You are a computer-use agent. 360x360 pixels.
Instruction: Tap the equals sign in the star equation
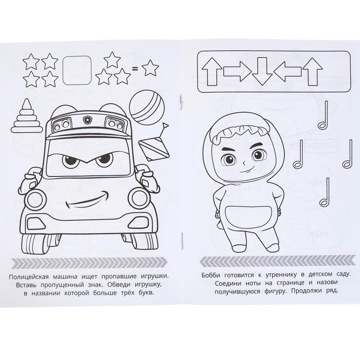click(x=136, y=68)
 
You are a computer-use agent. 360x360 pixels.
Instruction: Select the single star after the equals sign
click(x=150, y=68)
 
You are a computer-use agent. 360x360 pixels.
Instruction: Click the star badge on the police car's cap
click(x=87, y=120)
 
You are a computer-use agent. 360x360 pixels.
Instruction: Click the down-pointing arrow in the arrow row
click(x=262, y=71)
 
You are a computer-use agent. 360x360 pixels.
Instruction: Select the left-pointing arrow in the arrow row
click(x=287, y=71)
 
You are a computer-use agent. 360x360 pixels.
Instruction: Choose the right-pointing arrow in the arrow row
click(x=237, y=71)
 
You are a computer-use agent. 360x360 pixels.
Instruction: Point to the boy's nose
click(x=244, y=163)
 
